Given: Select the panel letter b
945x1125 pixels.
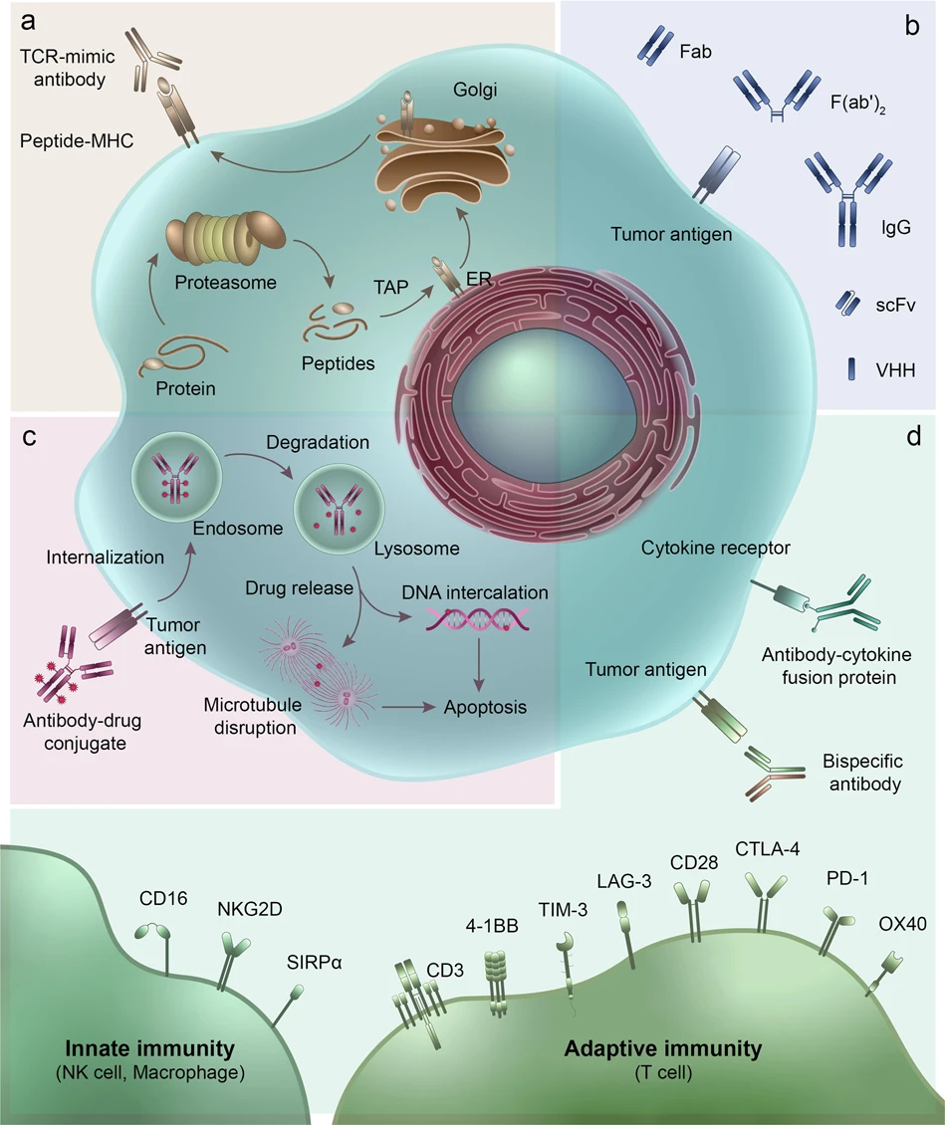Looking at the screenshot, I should click(911, 27).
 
